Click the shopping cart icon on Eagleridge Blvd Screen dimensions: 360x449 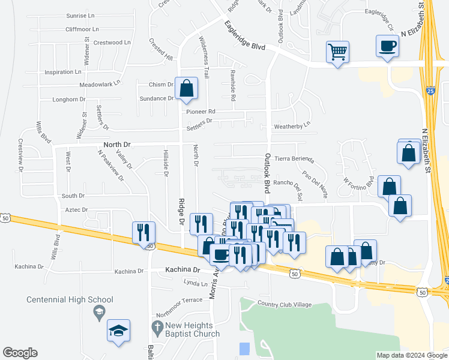338,52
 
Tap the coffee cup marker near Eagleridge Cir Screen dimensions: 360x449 387,46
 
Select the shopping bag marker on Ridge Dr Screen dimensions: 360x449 187,88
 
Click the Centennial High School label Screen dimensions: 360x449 70,299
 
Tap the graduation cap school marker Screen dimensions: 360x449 118,329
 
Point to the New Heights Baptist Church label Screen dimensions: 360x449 196,329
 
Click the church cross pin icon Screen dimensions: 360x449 156,328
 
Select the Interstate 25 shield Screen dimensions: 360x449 430,91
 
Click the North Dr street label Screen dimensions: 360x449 116,145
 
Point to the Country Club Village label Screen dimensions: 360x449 285,304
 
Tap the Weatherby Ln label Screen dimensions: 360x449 292,127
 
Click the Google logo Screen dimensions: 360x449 20,353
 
